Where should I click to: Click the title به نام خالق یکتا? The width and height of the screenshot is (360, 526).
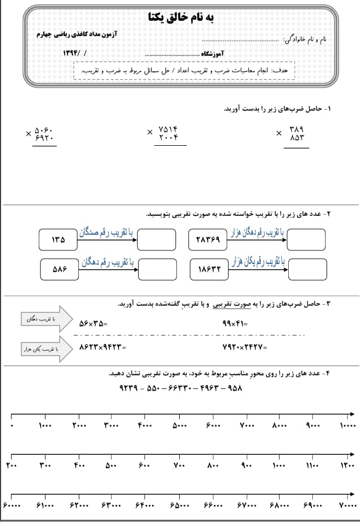coord(181,17)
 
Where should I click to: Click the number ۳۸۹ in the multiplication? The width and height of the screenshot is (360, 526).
coord(296,129)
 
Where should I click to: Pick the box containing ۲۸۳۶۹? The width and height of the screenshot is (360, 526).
coord(208,239)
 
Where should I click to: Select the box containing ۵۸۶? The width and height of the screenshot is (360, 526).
coord(60,270)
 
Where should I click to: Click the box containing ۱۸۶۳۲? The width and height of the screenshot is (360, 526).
coord(208,270)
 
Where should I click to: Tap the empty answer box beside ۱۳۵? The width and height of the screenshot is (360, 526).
coord(157,239)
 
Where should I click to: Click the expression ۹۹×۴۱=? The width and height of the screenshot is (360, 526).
coord(235,324)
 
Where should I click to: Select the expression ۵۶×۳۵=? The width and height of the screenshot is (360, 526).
coord(93,324)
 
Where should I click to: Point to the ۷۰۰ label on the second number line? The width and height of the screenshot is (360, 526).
coord(179,466)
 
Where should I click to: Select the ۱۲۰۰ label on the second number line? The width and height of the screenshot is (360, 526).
coord(347,466)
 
